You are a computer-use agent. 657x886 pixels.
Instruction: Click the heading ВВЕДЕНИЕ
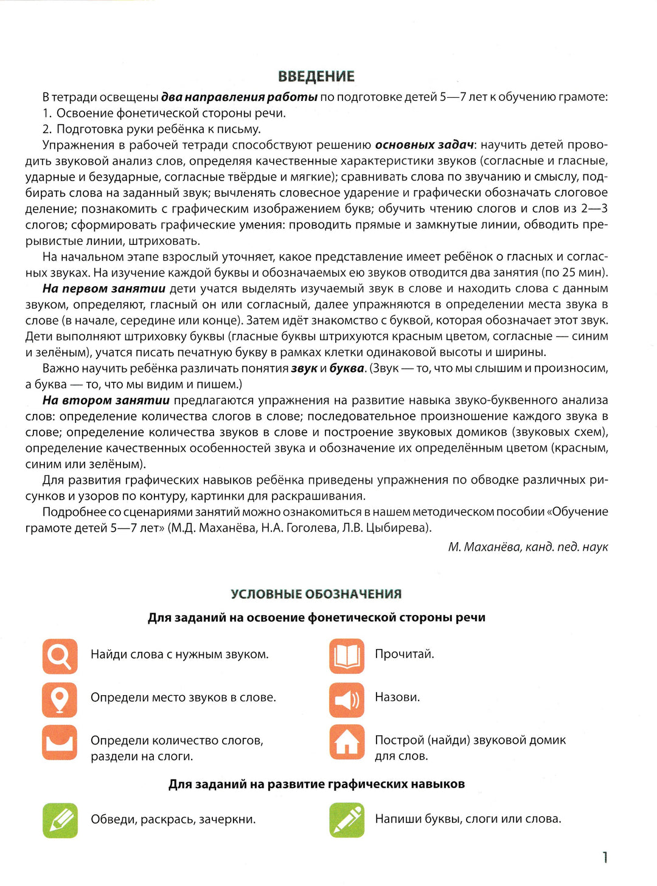click(316, 77)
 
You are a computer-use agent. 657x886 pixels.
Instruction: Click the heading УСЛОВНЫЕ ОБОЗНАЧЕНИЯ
click(316, 594)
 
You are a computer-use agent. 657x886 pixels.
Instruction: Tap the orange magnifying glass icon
click(60, 656)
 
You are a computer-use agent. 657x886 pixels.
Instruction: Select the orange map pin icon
click(60, 699)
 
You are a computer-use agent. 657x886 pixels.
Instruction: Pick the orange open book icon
click(347, 656)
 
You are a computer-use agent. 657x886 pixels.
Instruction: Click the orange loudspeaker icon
click(347, 699)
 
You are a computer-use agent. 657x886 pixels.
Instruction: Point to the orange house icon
click(347, 742)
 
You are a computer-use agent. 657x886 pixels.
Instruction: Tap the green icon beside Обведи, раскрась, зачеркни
click(60, 820)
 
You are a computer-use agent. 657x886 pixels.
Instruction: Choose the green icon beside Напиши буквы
click(347, 820)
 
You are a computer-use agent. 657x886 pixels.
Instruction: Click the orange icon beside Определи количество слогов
click(60, 742)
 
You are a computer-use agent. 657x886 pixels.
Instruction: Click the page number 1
click(605, 857)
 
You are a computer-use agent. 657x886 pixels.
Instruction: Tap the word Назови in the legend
click(397, 697)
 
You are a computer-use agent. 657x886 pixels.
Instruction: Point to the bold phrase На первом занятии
click(104, 289)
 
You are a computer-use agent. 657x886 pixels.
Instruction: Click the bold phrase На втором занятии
click(106, 400)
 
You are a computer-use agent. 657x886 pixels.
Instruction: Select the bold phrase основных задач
click(424, 145)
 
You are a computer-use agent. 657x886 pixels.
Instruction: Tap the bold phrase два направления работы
click(239, 97)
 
